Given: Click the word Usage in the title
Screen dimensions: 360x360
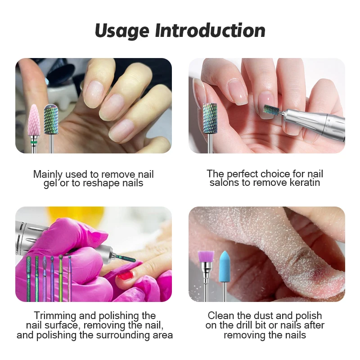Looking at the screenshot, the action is (x=122, y=31).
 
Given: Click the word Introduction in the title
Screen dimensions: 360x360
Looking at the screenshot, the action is (x=210, y=30).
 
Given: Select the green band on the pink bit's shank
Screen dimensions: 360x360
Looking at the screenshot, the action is (x=34, y=142).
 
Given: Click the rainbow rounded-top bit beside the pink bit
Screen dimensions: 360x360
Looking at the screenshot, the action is (x=51, y=119).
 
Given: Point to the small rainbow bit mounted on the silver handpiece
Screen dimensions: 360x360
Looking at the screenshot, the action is (x=271, y=112).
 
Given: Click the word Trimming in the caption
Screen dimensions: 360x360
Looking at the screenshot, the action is (x=55, y=316).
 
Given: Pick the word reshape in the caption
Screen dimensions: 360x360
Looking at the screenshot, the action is (x=102, y=184).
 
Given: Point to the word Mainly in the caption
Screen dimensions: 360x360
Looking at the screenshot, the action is (x=48, y=175).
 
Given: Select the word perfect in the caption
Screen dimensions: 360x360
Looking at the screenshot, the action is (x=242, y=174).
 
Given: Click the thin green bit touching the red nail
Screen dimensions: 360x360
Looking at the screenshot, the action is (x=126, y=258).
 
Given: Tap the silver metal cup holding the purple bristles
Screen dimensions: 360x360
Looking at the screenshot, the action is (x=206, y=269).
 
